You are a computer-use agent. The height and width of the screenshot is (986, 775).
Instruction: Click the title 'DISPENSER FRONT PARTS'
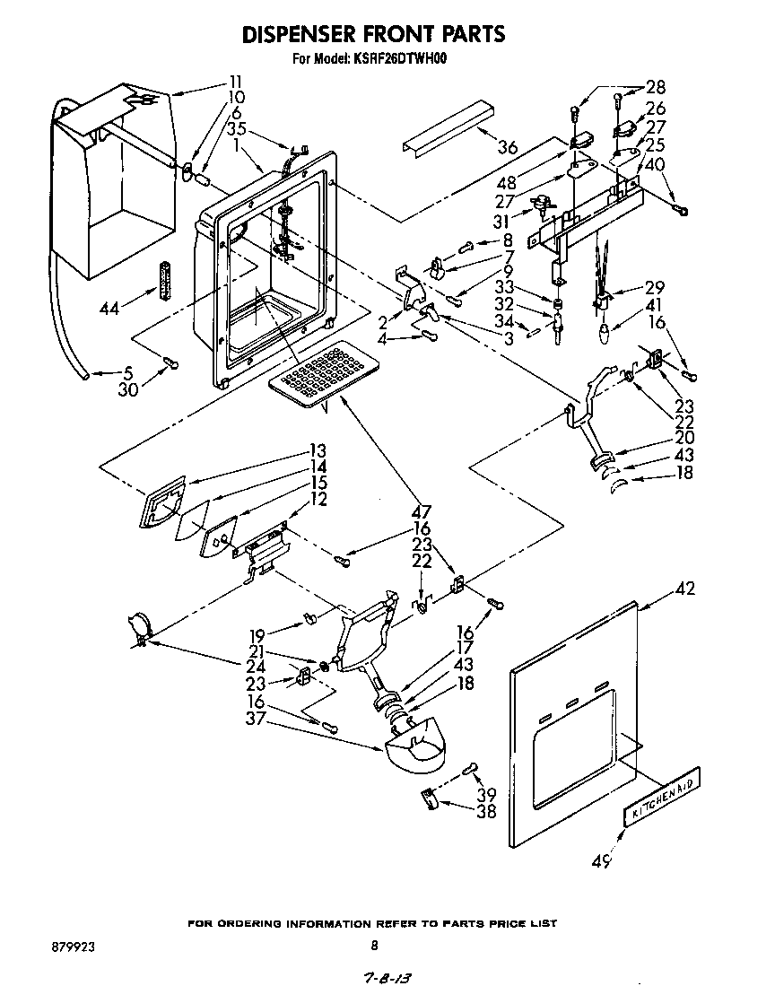click(374, 34)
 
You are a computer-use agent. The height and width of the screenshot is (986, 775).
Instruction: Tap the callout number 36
click(509, 148)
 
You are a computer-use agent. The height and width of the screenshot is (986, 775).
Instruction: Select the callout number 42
click(684, 589)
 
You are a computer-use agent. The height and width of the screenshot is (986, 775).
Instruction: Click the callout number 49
click(600, 861)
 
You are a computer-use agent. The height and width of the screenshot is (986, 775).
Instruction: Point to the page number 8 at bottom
click(374, 945)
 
